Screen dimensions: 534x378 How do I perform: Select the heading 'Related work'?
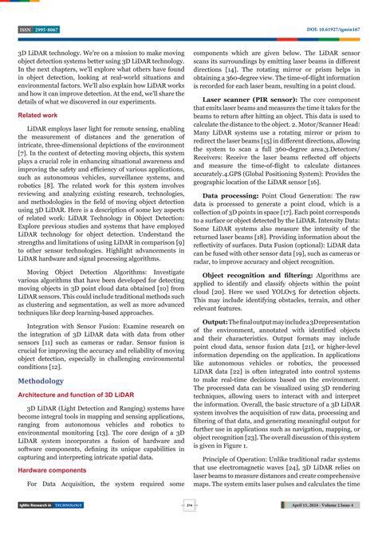click(37, 115)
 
